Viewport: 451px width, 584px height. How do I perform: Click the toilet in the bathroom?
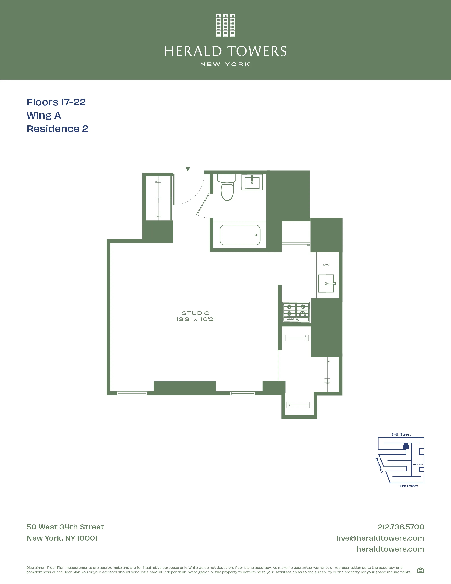(227, 188)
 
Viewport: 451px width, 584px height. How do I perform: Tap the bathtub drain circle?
(256, 235)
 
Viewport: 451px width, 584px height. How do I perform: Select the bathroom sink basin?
(252, 182)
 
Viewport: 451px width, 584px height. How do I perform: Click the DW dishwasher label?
(326, 265)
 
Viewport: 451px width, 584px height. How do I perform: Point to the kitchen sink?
(326, 284)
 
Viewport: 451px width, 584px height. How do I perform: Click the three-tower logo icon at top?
(225, 25)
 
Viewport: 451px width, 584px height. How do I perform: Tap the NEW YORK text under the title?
(225, 64)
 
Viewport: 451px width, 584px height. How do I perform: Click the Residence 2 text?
(57, 129)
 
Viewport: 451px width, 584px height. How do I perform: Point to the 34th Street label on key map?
(401, 434)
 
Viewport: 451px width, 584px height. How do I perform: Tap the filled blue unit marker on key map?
(406, 446)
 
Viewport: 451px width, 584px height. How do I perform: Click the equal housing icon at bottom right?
(421, 570)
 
